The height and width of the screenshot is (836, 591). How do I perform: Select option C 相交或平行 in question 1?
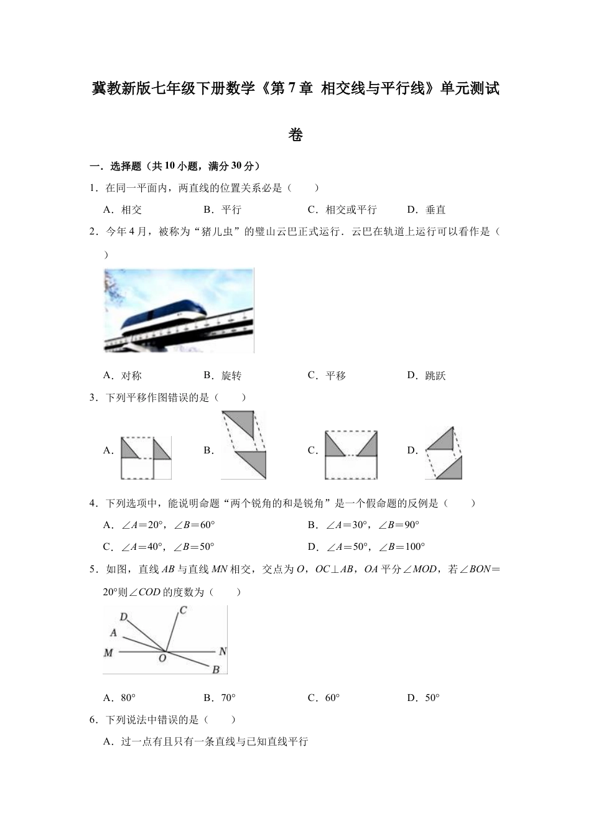click(x=342, y=210)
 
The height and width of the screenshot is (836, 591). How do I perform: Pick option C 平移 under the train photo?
click(x=327, y=376)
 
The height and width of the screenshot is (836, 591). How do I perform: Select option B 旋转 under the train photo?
click(x=223, y=376)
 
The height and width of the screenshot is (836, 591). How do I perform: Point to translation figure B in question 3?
click(x=243, y=445)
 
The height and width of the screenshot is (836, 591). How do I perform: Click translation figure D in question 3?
click(x=444, y=453)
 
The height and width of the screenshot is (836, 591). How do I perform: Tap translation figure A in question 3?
click(x=146, y=457)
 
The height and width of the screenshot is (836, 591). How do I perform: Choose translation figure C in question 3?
click(x=351, y=455)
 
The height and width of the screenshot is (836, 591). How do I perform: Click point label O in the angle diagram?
click(x=162, y=659)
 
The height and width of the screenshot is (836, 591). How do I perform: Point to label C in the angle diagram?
click(x=184, y=611)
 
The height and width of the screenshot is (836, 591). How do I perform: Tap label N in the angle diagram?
click(x=223, y=651)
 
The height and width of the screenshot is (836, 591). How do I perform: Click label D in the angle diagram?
click(x=124, y=618)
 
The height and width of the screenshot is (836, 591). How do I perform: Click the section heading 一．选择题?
click(x=118, y=166)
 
